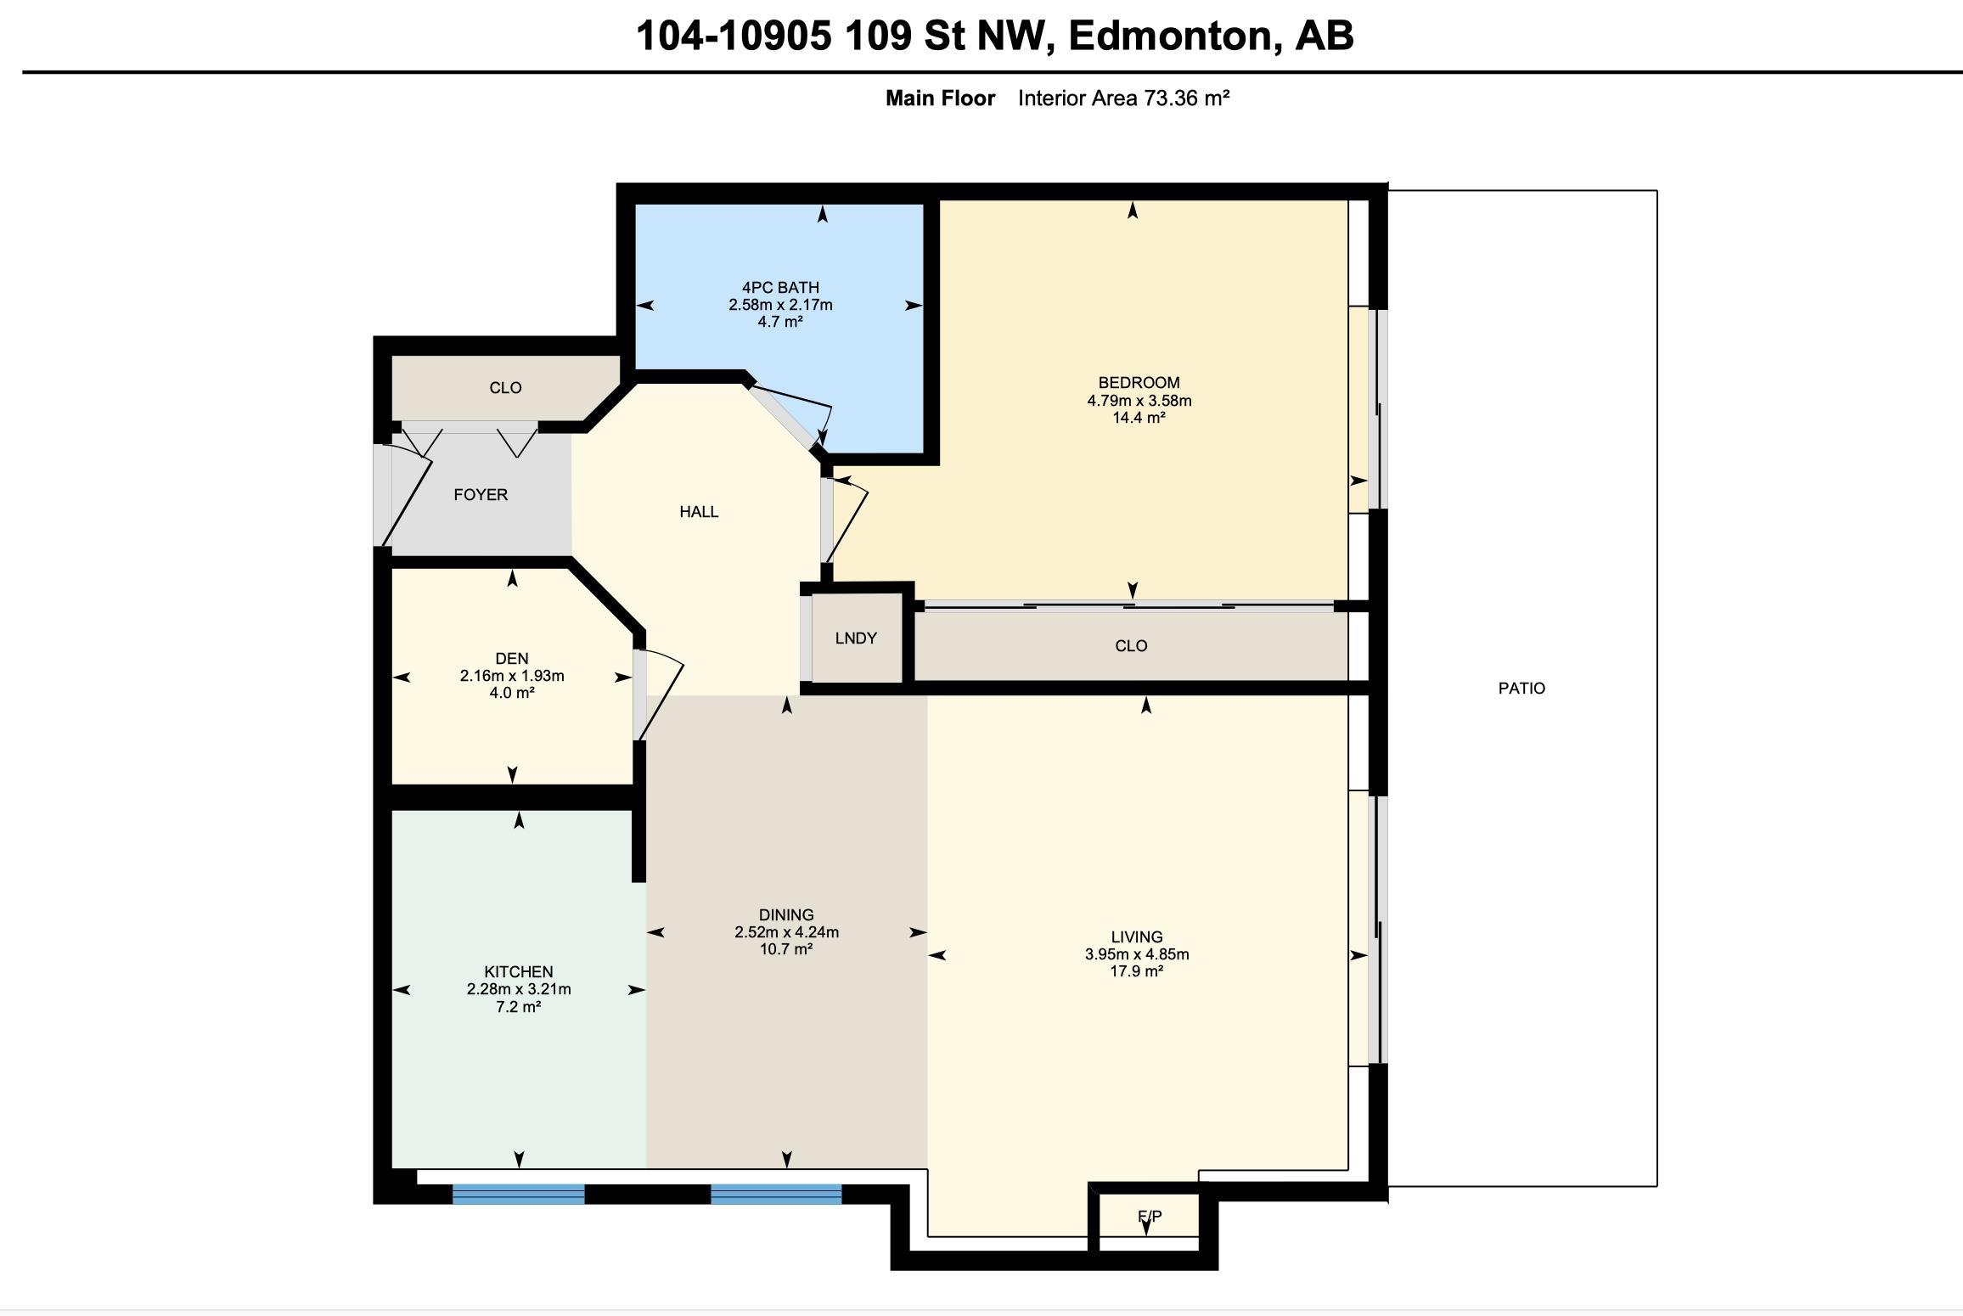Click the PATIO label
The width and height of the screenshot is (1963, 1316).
[x=1521, y=688]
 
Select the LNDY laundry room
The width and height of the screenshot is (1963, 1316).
[x=856, y=638]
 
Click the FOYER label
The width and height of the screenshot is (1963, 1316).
[x=481, y=494]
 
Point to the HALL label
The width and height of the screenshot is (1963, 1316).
[x=699, y=511]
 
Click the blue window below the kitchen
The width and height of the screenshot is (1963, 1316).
[x=518, y=1195]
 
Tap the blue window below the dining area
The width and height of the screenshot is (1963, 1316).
[x=776, y=1195]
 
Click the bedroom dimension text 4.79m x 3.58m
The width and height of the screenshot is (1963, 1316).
[x=1139, y=400]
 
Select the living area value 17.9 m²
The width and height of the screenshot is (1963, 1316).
[x=1137, y=970]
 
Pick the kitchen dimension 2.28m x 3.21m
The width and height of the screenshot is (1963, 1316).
[x=519, y=989]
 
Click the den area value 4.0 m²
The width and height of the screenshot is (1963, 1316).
[x=512, y=693]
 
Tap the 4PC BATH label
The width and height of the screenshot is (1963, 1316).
[x=780, y=287]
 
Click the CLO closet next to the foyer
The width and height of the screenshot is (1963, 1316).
[x=505, y=388]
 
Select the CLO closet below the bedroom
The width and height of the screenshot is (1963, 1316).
[x=1131, y=646]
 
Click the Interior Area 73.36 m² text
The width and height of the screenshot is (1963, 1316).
[x=1124, y=98]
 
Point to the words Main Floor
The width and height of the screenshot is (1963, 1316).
[x=940, y=98]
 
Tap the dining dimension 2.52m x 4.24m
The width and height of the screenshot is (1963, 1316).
[x=787, y=931]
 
